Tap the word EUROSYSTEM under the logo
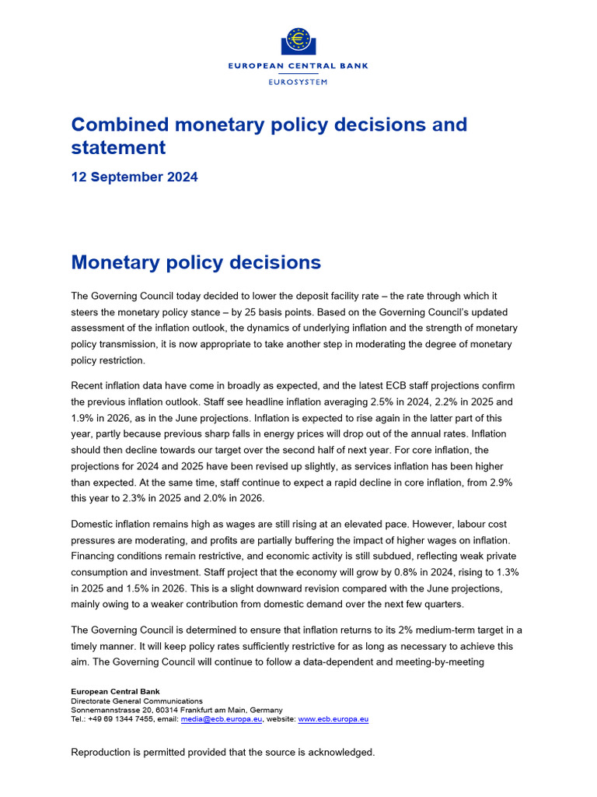pyautogui.click(x=298, y=82)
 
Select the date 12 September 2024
pyautogui.click(x=134, y=177)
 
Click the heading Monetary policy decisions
pyautogui.click(x=196, y=262)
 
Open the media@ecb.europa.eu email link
pyautogui.click(x=222, y=720)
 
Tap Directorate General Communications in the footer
pyautogui.click(x=137, y=700)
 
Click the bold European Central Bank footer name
pyautogui.click(x=114, y=691)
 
